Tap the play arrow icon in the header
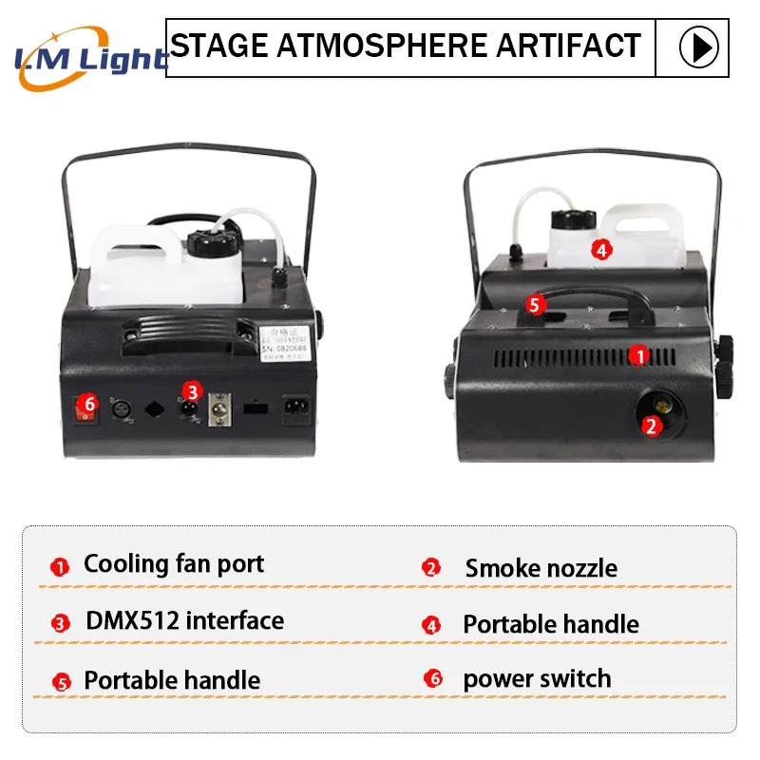click(698, 47)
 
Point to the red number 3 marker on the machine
click(193, 390)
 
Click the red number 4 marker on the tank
click(600, 250)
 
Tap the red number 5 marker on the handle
click(534, 305)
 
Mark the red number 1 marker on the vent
click(640, 355)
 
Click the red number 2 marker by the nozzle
click(651, 426)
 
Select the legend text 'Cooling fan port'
click(174, 563)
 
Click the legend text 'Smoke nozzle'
click(541, 568)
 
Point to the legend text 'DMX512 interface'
click(184, 621)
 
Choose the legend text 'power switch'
click(537, 679)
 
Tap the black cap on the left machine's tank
click(207, 243)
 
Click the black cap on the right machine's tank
click(567, 220)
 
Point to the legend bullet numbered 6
click(432, 679)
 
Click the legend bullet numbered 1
click(60, 568)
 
